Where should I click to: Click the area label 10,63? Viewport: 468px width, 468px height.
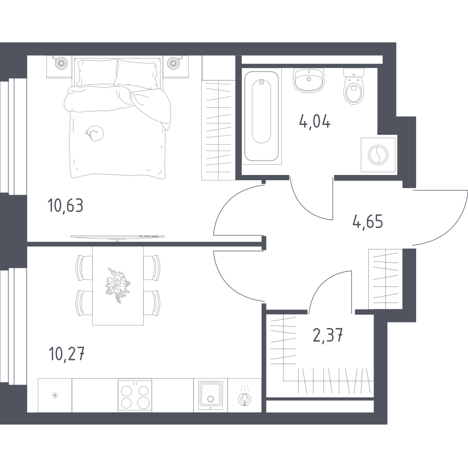coord(66,206)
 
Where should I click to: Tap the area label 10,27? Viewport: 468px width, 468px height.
coord(66,354)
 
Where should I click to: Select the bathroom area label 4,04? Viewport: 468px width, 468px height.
coord(315,122)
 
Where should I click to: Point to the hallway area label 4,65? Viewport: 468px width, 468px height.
coord(368,222)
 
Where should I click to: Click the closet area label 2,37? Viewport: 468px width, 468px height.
coord(328,335)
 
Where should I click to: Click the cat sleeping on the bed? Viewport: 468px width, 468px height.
coord(95,133)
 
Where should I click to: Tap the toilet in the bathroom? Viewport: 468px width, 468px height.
coord(354,86)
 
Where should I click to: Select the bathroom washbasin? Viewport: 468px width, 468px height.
coord(308,80)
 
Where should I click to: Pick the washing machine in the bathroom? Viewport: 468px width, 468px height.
coord(378,155)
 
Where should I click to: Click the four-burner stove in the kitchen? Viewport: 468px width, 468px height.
coord(135,395)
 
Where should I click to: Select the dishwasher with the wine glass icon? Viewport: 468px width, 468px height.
coord(244,395)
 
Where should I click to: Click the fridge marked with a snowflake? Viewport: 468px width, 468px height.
coord(55,395)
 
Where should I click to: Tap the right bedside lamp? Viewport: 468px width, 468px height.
coord(174,63)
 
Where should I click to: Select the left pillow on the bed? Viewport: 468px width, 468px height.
coord(96,73)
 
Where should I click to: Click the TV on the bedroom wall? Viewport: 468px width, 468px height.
coord(117,237)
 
